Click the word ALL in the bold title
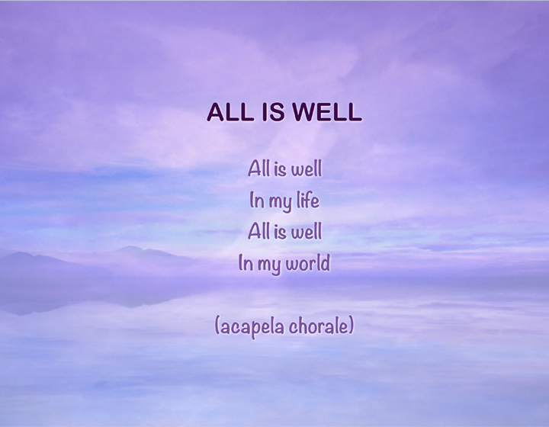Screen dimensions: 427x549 pyautogui.click(x=226, y=113)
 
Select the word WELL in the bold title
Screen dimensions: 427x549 pyautogui.click(x=324, y=113)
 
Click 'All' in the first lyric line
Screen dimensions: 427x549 pyautogui.click(x=258, y=168)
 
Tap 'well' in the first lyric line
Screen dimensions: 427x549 pyautogui.click(x=307, y=169)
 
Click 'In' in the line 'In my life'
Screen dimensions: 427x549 pyautogui.click(x=256, y=201)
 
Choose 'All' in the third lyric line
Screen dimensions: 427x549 pyautogui.click(x=258, y=231)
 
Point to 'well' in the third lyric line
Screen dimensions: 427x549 pyautogui.click(x=307, y=232)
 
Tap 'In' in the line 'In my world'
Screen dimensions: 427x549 pyautogui.click(x=246, y=264)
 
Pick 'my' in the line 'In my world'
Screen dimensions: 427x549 pyautogui.click(x=269, y=266)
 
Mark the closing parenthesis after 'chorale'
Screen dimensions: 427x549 pyautogui.click(x=351, y=327)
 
